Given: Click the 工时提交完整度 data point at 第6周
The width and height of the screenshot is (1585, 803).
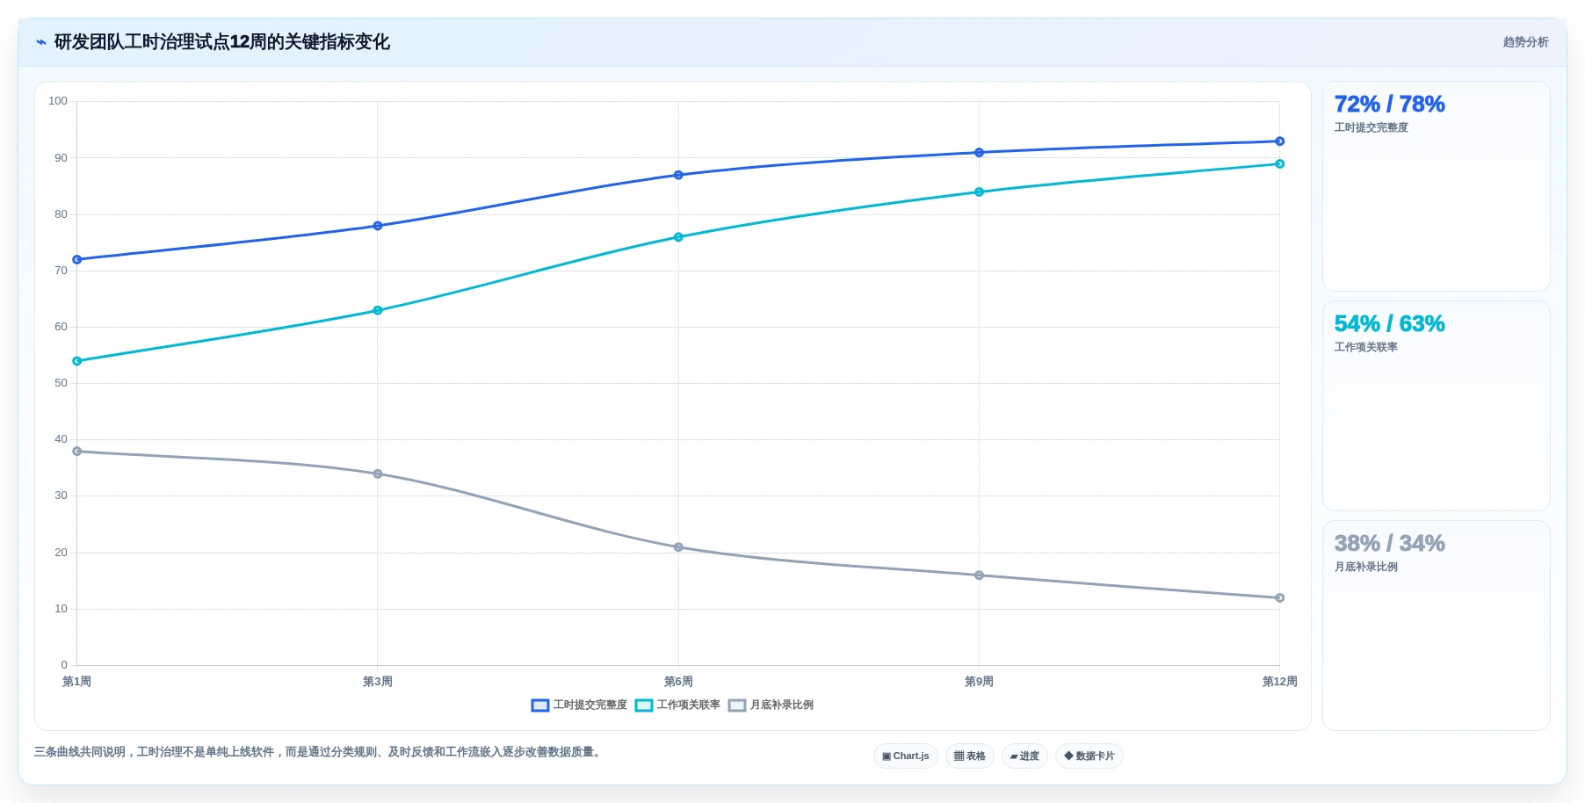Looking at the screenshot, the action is point(678,175).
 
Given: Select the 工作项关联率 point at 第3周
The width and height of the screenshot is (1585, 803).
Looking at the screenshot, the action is point(378,310).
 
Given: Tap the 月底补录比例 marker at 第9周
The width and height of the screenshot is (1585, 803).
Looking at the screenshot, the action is point(979,575).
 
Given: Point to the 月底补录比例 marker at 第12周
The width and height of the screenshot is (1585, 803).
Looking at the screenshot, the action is point(1279,598).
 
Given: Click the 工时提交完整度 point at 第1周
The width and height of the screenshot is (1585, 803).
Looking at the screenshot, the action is point(77,259).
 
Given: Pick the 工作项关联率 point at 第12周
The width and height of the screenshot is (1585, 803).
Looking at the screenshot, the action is point(1279,163).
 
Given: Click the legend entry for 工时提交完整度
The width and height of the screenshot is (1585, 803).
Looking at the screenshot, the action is point(580,705).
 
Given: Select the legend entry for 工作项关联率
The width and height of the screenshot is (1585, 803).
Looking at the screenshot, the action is point(677,705).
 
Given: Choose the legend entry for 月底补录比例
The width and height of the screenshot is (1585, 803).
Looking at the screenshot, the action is point(771,705).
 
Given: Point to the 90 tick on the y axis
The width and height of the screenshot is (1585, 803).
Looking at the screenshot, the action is point(61,158).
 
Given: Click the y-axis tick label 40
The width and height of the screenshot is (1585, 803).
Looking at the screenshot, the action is point(61,439).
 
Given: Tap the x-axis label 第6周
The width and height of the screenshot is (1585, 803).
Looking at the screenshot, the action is point(678,682).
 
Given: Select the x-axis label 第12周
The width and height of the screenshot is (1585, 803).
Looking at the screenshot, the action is point(1279,682).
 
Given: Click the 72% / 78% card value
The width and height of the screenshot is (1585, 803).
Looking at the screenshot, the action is point(1389,104).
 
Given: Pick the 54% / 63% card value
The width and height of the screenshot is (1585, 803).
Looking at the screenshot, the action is point(1389,323).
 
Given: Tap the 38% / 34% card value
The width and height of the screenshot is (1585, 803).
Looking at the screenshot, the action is point(1389,543).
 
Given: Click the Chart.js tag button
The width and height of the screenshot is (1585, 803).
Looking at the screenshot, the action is point(906,756).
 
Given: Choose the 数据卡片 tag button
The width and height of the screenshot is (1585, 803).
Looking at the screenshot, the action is point(1089,756).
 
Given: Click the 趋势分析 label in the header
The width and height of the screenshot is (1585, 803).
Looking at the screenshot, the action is point(1525,42).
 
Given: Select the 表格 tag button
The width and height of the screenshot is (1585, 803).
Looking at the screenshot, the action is point(970,756).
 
